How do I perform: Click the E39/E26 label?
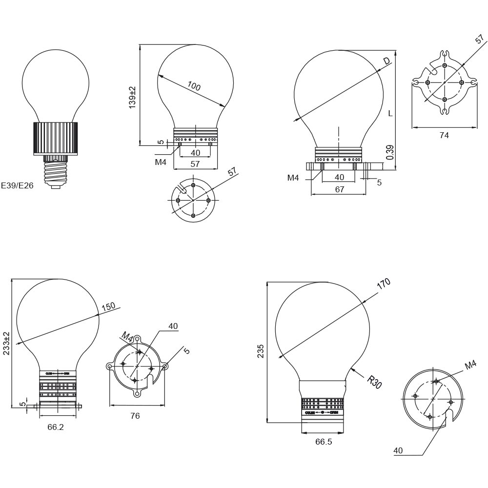17,185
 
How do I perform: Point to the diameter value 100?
194,86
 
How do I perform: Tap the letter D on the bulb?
386,61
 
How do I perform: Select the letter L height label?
390,113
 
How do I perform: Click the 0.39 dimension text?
389,152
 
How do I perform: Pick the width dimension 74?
444,135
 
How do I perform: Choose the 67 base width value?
339,189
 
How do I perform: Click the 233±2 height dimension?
6,343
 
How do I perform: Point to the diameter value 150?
108,306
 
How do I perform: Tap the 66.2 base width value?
56,427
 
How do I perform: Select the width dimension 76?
135,416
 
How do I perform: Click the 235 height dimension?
261,351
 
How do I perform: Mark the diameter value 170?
384,284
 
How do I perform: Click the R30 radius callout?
374,382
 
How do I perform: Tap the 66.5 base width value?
324,442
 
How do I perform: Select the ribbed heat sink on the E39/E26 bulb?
56,138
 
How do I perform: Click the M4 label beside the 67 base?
293,178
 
